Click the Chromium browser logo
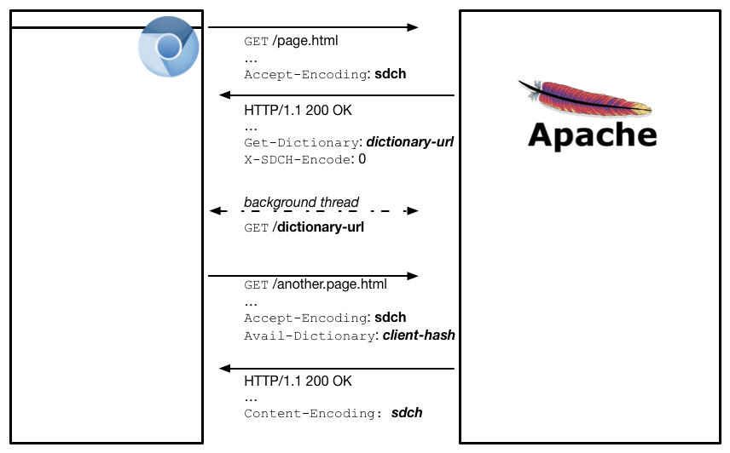[169, 46]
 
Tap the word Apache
[593, 135]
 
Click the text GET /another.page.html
[316, 284]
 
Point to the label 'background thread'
[301, 203]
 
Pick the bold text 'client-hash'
[418, 335]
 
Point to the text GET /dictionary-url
[304, 227]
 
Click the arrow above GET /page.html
[313, 27]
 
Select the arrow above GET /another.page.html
[313, 276]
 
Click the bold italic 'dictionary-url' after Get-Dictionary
[409, 141]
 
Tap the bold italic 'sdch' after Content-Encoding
[407, 413]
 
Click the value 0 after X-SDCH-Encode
[362, 159]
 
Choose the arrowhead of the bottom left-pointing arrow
[225, 369]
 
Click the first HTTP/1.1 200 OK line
[298, 111]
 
